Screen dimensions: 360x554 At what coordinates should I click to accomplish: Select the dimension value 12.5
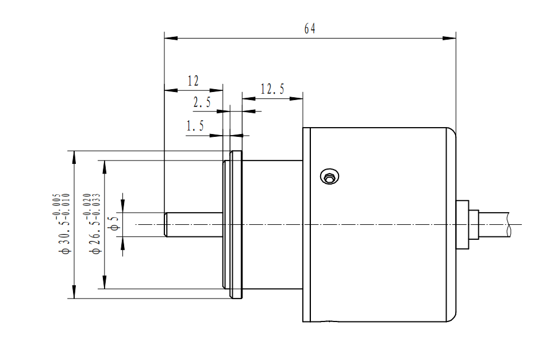tap(272, 89)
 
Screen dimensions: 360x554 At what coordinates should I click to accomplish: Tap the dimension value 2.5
tap(202, 103)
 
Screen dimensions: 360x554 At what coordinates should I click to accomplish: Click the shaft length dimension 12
tap(193, 81)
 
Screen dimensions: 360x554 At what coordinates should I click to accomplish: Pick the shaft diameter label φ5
tap(114, 224)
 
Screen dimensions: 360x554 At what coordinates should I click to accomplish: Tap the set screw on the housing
tap(329, 177)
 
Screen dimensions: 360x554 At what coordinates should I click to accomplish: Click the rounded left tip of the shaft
tap(166, 224)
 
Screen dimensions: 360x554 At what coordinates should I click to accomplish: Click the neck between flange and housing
tap(273, 224)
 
